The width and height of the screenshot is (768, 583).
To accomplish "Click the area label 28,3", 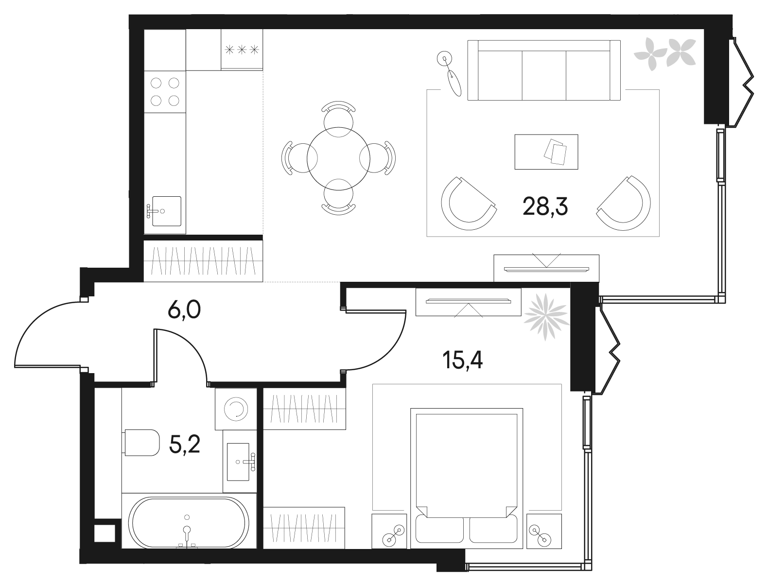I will pyautogui.click(x=545, y=207).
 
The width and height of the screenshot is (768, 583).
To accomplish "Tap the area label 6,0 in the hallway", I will pyautogui.click(x=184, y=309).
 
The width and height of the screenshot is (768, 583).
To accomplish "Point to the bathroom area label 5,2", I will pyautogui.click(x=184, y=444).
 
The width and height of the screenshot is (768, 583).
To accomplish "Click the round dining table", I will pyautogui.click(x=338, y=158).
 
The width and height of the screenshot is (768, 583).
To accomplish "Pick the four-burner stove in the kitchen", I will pyautogui.click(x=165, y=92).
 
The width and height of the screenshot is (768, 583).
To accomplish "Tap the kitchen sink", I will pyautogui.click(x=166, y=211).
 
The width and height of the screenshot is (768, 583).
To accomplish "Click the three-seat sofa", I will pyautogui.click(x=544, y=70).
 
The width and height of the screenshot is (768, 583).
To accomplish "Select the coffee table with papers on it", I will pyautogui.click(x=546, y=152).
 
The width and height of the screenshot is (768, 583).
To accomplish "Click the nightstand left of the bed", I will pyautogui.click(x=389, y=531).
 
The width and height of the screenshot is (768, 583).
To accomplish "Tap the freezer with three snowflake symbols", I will pyautogui.click(x=242, y=50).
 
